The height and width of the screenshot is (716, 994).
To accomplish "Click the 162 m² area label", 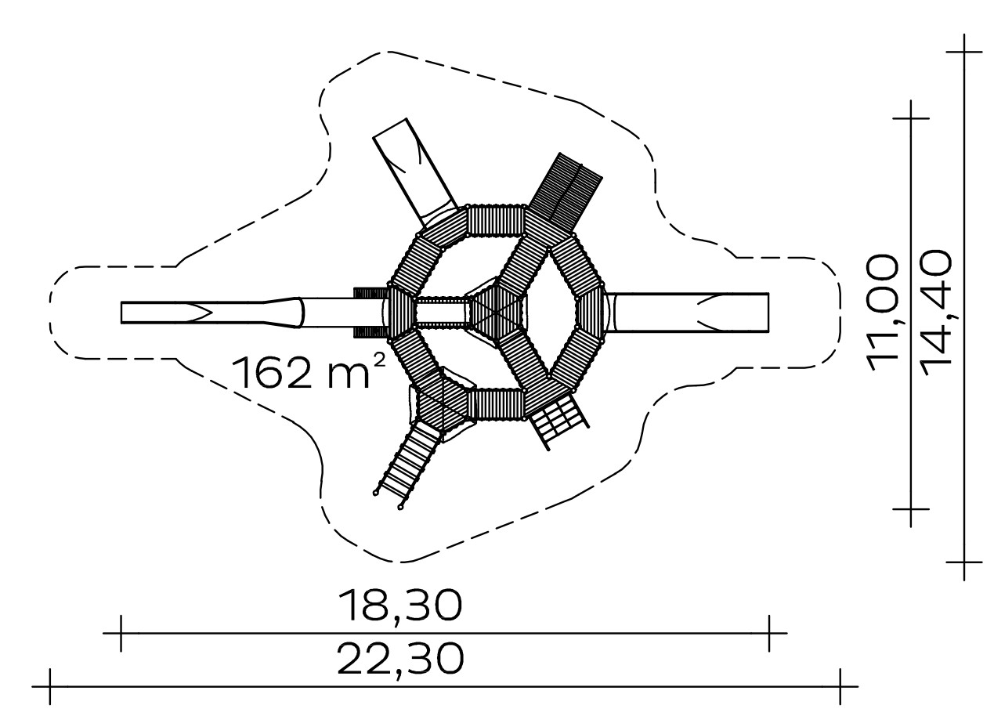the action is pos(307,372).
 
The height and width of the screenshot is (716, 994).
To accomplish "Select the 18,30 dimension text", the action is pos(400,605).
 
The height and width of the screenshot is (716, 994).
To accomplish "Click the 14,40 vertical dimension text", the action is pos(936,313).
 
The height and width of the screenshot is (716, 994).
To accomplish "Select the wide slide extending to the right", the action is pos(687,312).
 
